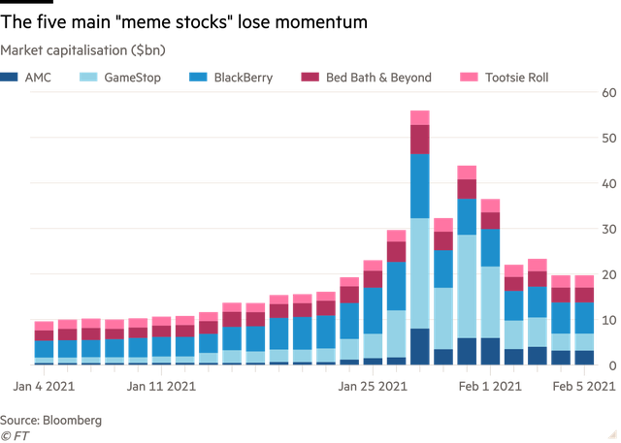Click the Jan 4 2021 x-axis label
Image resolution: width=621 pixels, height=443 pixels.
pos(44,385)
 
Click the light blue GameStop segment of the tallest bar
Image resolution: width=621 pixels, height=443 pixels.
pos(419,272)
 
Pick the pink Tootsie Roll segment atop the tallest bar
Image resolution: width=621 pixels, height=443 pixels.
pos(419,117)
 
